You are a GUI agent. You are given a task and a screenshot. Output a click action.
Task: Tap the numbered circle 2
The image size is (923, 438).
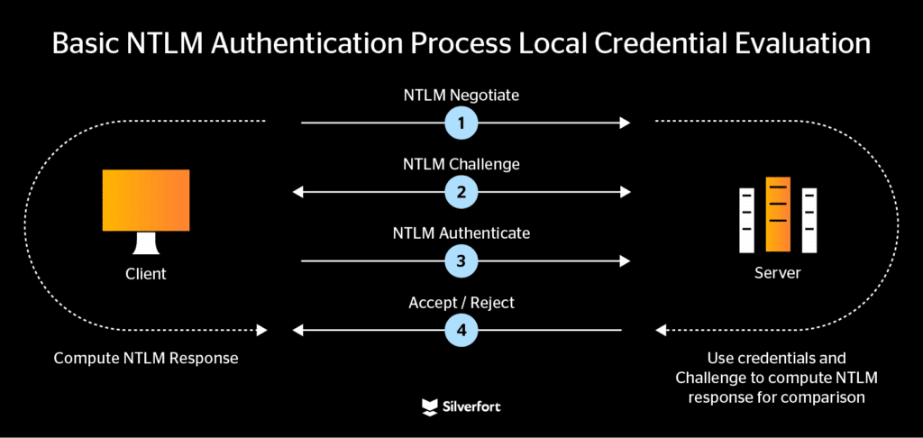[461, 191]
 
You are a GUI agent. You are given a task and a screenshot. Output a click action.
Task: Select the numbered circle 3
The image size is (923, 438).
[461, 260]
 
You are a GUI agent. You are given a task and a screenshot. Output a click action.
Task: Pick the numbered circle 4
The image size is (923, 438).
[461, 330]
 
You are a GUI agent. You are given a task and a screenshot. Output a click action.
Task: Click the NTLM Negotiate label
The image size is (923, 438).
[461, 96]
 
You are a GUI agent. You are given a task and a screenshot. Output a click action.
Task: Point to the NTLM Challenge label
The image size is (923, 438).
[461, 165]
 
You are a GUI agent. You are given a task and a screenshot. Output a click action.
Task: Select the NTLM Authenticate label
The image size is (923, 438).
[461, 233]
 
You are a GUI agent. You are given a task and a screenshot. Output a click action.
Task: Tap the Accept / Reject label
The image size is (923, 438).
[461, 303]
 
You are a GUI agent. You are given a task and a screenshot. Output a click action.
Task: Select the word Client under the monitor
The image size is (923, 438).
[146, 272]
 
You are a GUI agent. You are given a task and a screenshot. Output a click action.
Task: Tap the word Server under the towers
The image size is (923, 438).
[777, 272]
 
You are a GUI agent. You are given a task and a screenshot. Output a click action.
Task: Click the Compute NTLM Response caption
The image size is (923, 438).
[146, 358]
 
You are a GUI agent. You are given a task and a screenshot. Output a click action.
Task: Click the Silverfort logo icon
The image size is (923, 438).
[430, 407]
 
